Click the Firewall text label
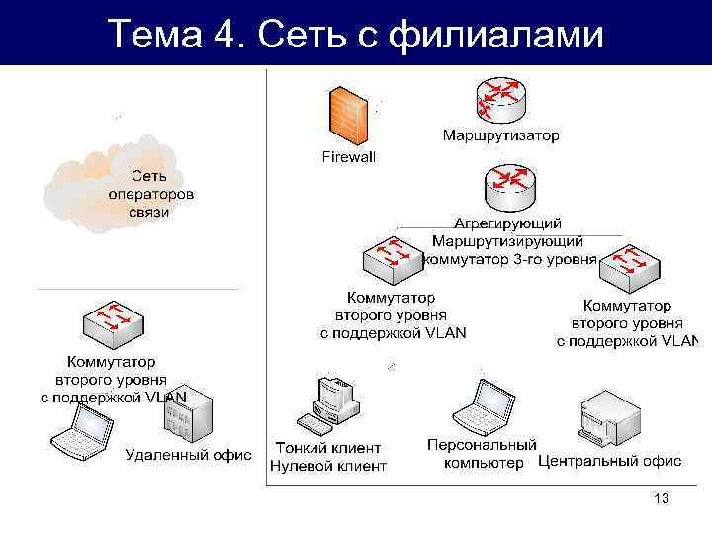pos(349,156)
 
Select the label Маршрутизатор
pos(500,134)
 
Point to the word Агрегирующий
pos(507,223)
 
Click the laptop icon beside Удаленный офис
pos(82,431)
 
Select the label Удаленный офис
pos(188,456)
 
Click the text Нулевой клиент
pos(328,466)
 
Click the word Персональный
pos(482,445)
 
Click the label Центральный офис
pos(609,462)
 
